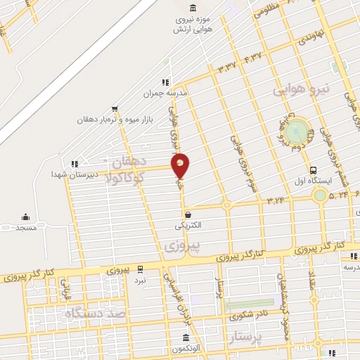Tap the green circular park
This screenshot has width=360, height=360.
[x=299, y=129]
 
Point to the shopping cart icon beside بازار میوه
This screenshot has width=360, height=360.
[x=115, y=108]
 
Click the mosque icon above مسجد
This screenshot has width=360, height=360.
[x=26, y=217]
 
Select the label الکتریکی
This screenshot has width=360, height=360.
[x=188, y=226]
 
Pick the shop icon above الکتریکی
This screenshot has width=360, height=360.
[x=188, y=215]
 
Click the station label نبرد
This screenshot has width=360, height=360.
[x=141, y=280]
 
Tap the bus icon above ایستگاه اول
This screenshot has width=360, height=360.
[x=314, y=169]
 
